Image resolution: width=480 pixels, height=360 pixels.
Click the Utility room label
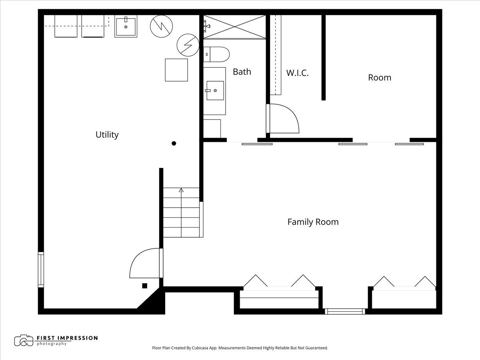click(x=107, y=135)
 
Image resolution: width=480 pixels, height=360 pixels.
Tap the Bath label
click(x=242, y=72)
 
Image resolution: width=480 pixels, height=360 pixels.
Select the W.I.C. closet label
click(x=298, y=73)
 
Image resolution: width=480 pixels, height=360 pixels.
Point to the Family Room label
click(x=313, y=222)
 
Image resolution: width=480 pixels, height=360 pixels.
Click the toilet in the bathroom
click(x=216, y=54)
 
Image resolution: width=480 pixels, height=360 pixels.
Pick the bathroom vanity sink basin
click(x=215, y=90)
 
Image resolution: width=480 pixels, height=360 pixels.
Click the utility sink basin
click(x=126, y=27)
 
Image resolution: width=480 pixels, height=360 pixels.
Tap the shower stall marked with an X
click(x=234, y=27)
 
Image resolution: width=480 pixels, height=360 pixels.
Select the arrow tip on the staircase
click(x=181, y=189)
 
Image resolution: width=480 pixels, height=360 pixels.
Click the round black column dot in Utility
click(x=174, y=143)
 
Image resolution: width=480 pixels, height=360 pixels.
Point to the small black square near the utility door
click(x=144, y=286)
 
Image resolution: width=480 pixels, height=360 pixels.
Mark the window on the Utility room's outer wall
click(x=41, y=270)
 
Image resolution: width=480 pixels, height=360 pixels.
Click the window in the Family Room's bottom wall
click(x=345, y=311)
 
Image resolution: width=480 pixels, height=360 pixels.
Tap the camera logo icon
click(x=24, y=340)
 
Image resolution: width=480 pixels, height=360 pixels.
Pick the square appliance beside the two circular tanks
click(x=176, y=70)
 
